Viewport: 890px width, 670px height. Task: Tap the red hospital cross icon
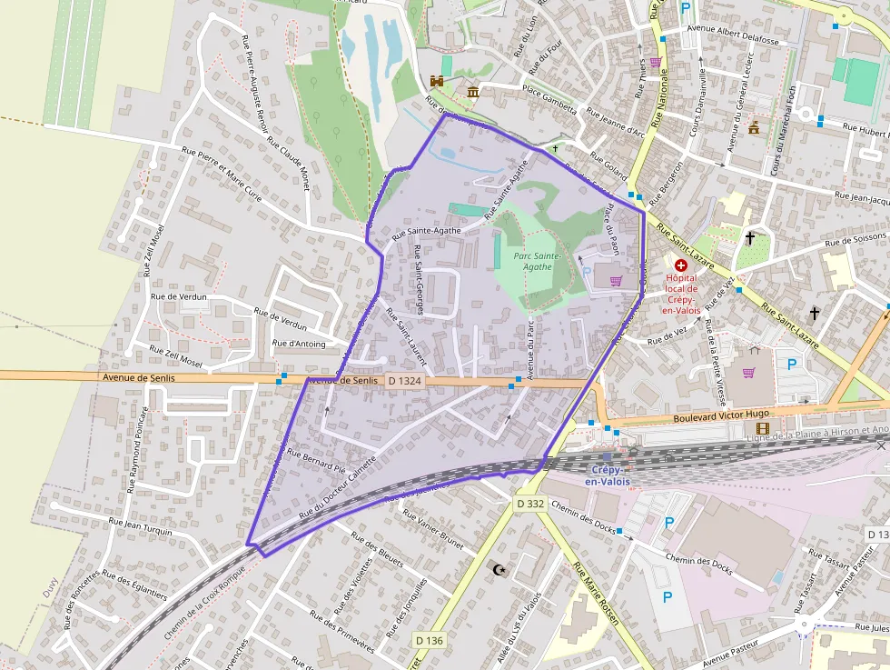coord(681,265)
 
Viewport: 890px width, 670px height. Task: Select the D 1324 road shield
coord(403,381)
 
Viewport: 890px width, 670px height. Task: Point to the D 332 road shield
coord(530,504)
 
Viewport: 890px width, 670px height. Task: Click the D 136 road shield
coord(430,640)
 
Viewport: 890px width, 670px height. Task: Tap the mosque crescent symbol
coord(497,570)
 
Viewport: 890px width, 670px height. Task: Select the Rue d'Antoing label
coord(298,344)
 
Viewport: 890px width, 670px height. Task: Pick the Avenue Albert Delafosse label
coord(733,40)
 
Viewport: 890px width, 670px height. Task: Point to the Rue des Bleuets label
coord(376,549)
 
